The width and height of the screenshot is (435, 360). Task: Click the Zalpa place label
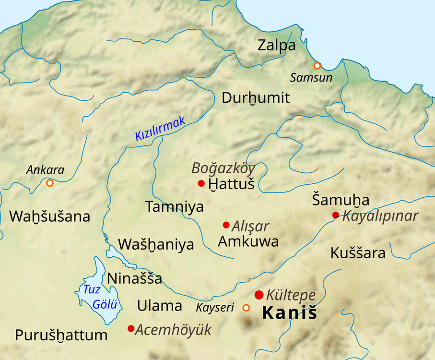pyautogui.click(x=276, y=46)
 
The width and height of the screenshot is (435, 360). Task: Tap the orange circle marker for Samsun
pyautogui.click(x=317, y=66)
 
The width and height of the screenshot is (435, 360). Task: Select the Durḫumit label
pyautogui.click(x=256, y=98)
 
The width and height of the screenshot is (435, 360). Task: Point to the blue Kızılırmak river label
pyautogui.click(x=160, y=130)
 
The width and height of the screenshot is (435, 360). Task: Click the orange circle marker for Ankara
pyautogui.click(x=49, y=183)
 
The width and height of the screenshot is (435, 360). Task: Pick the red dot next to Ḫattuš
pyautogui.click(x=201, y=183)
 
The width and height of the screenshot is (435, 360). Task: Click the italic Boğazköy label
pyautogui.click(x=223, y=168)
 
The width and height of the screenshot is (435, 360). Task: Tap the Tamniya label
pyautogui.click(x=174, y=207)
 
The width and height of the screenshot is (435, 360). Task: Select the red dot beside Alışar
pyautogui.click(x=226, y=225)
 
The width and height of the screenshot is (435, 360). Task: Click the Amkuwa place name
pyautogui.click(x=248, y=241)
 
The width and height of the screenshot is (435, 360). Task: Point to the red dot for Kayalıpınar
pyautogui.click(x=336, y=215)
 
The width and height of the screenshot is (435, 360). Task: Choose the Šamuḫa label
pyautogui.click(x=341, y=200)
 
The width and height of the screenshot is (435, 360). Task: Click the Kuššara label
pyautogui.click(x=358, y=253)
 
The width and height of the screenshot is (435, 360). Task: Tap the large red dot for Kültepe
pyautogui.click(x=259, y=295)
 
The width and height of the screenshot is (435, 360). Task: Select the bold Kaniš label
pyautogui.click(x=290, y=313)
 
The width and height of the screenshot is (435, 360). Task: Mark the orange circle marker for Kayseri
pyautogui.click(x=247, y=308)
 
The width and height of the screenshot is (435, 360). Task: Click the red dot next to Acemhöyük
pyautogui.click(x=130, y=328)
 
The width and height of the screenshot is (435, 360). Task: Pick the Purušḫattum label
pyautogui.click(x=61, y=335)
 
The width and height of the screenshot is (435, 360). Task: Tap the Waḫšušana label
pyautogui.click(x=49, y=216)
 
